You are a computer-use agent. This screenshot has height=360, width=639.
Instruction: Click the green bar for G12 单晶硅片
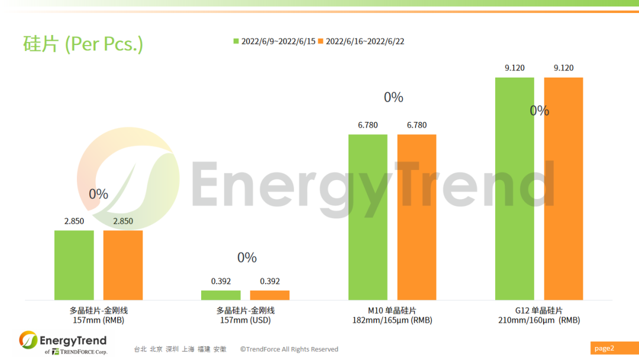tap(514, 188)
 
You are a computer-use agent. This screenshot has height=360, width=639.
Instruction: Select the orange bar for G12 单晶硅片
tap(563, 188)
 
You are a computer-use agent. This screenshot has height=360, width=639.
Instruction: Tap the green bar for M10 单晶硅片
tap(367, 217)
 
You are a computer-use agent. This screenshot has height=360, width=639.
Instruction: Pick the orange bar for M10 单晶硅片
tap(417, 217)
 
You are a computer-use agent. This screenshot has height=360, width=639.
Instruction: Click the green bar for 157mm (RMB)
tap(74, 265)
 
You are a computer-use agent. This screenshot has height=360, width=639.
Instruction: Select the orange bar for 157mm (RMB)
tap(123, 265)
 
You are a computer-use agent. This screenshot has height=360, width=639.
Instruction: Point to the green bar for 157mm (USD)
tap(221, 295)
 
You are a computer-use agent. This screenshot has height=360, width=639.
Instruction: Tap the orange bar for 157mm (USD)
tap(270, 295)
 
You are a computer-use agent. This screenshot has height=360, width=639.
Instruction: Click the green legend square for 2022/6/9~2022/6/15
tap(236, 41)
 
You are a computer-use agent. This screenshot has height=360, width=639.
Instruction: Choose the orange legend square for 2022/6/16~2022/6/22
tap(321, 41)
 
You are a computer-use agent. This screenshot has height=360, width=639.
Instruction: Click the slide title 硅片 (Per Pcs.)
tap(83, 44)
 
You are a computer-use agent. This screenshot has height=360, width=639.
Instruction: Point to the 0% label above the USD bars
tap(247, 258)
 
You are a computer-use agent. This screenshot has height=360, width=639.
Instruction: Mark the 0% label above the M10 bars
tap(393, 97)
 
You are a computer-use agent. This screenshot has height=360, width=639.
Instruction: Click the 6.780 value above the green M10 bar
tap(367, 125)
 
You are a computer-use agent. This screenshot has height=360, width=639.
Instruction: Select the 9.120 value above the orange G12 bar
tap(563, 68)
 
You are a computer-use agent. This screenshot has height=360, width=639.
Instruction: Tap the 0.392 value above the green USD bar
tap(221, 281)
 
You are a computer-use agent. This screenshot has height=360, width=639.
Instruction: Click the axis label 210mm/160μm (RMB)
tap(538, 320)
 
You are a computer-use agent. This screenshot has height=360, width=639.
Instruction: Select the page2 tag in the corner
tap(604, 348)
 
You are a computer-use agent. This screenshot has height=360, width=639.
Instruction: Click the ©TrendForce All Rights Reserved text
tap(289, 349)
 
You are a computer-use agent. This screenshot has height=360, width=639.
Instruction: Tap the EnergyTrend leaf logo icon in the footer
tap(28, 340)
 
